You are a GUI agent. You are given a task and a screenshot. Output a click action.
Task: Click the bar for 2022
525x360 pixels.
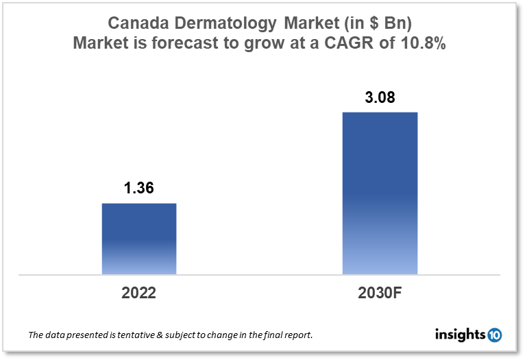click(x=139, y=239)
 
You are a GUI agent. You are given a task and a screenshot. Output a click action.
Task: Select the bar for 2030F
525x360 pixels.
click(x=380, y=193)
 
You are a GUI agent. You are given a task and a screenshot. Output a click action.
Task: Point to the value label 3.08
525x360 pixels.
click(x=380, y=97)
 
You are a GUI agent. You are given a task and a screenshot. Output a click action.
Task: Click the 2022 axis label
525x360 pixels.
click(x=139, y=293)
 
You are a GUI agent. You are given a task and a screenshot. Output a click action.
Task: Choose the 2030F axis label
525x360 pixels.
click(x=380, y=293)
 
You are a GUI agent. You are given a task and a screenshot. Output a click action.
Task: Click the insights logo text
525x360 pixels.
click(x=460, y=335)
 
